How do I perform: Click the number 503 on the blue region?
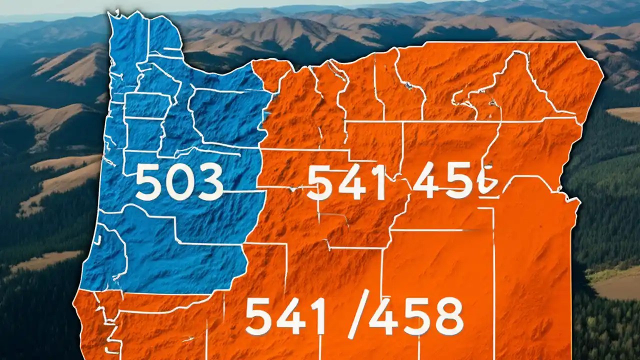(x=179, y=182)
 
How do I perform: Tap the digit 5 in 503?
(x=149, y=182)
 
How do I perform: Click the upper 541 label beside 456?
(x=346, y=182)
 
